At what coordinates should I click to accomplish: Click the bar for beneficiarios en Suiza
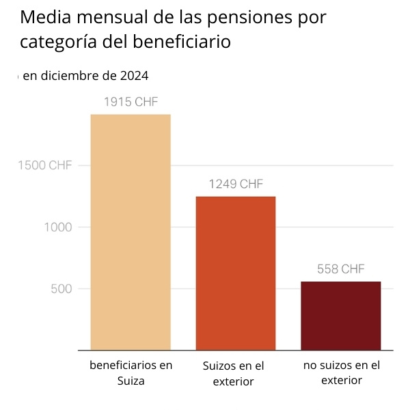tap(131, 232)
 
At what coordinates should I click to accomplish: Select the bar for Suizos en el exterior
tap(236, 273)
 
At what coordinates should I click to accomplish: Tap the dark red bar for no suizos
tap(340, 316)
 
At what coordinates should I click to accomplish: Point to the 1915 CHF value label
tap(131, 102)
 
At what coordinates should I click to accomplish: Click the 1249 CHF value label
tap(236, 184)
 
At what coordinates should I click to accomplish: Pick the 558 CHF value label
tap(340, 269)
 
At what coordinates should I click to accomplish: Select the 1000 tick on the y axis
tap(59, 227)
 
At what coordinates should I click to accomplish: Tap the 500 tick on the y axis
tap(61, 288)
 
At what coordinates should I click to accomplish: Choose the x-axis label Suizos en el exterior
tap(234, 374)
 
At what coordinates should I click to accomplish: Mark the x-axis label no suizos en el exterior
tap(341, 372)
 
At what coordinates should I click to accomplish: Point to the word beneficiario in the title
tap(182, 42)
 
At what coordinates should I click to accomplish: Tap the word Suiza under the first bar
tap(131, 381)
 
